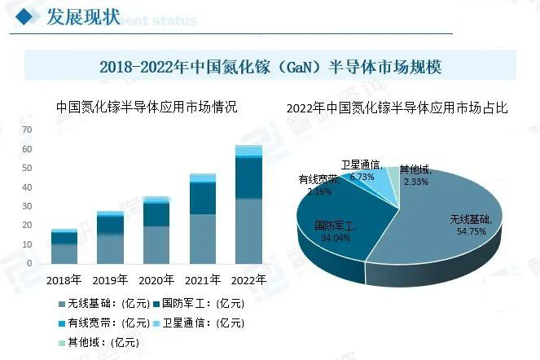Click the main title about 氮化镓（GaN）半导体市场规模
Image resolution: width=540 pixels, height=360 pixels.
click(270, 66)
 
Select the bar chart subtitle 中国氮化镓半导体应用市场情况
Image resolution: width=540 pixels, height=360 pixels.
click(147, 107)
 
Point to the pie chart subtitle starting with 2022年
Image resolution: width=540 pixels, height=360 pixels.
click(397, 108)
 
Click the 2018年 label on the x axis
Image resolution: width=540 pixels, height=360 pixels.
click(64, 280)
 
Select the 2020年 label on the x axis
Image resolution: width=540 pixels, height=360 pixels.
click(156, 280)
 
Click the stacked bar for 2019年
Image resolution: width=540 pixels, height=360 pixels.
click(110, 237)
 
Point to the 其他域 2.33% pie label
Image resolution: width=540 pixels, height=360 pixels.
click(415, 176)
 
